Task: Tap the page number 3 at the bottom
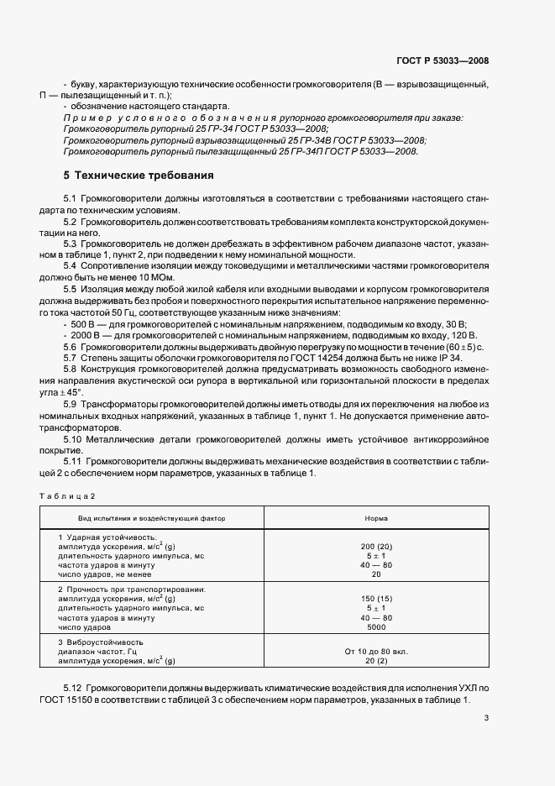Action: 486,717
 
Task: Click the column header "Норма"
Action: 375,518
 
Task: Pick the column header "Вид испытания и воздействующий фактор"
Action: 146,518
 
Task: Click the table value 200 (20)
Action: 375,546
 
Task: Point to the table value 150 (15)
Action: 375,599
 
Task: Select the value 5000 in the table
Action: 375,627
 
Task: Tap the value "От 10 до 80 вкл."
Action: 375,652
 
